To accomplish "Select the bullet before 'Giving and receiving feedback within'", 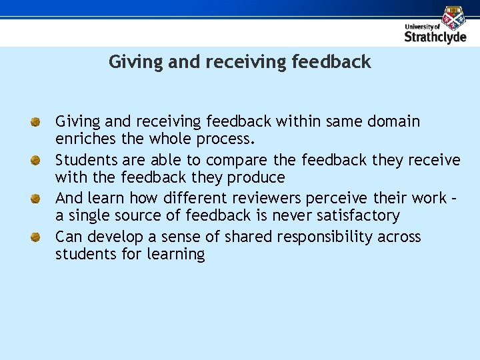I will click(x=37, y=122).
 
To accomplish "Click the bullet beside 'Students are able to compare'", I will click(x=37, y=161).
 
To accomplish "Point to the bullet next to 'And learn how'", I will click(x=37, y=199).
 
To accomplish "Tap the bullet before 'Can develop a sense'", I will click(x=37, y=237).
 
